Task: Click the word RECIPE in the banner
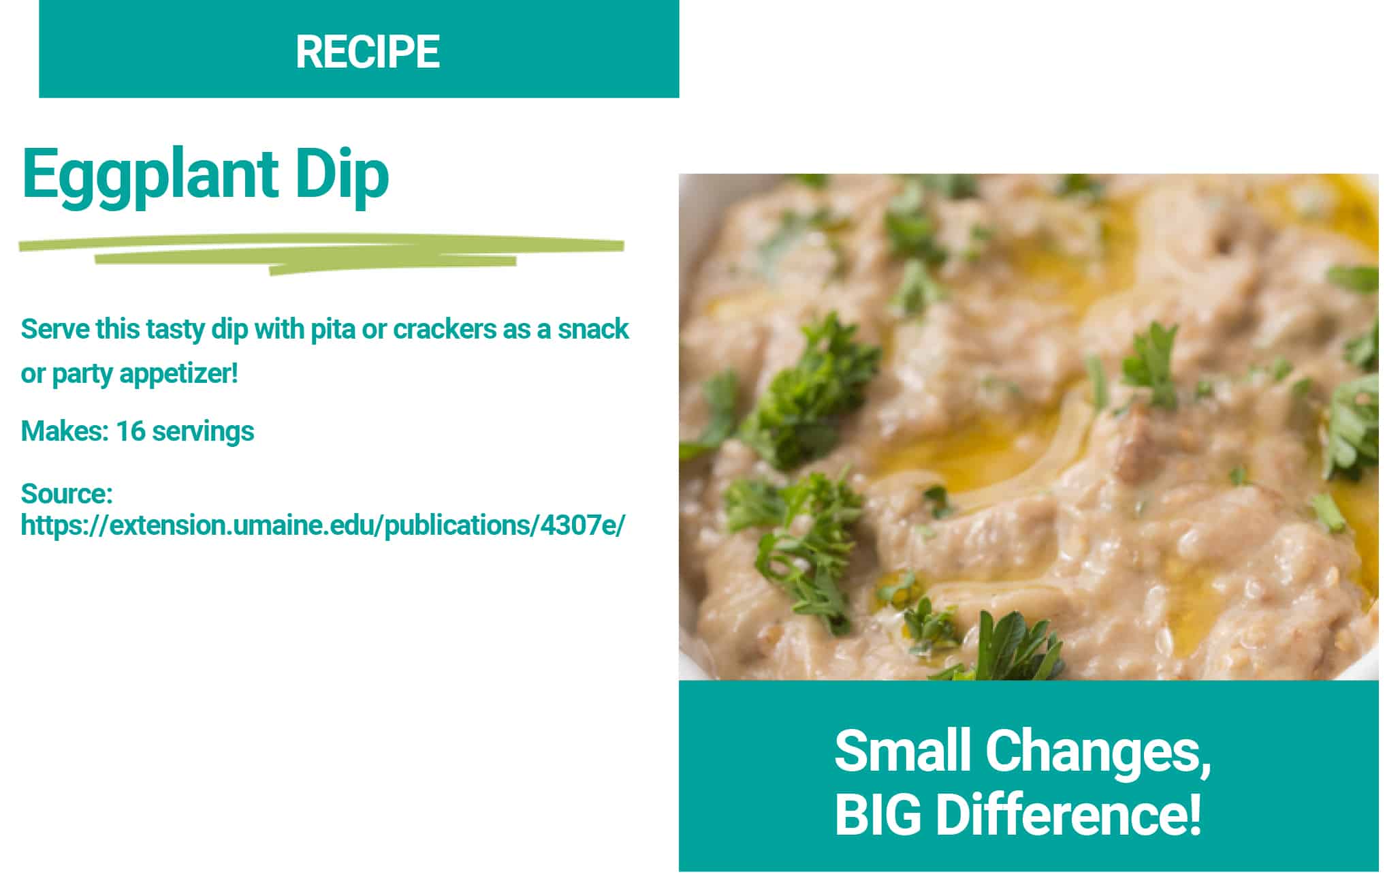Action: (368, 52)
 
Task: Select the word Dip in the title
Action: (342, 175)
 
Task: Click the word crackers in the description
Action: (445, 330)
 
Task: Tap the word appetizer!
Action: (178, 374)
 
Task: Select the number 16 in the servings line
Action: (130, 431)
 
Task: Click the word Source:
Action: (67, 493)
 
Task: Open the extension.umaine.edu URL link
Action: (323, 526)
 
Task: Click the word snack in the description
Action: (593, 330)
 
